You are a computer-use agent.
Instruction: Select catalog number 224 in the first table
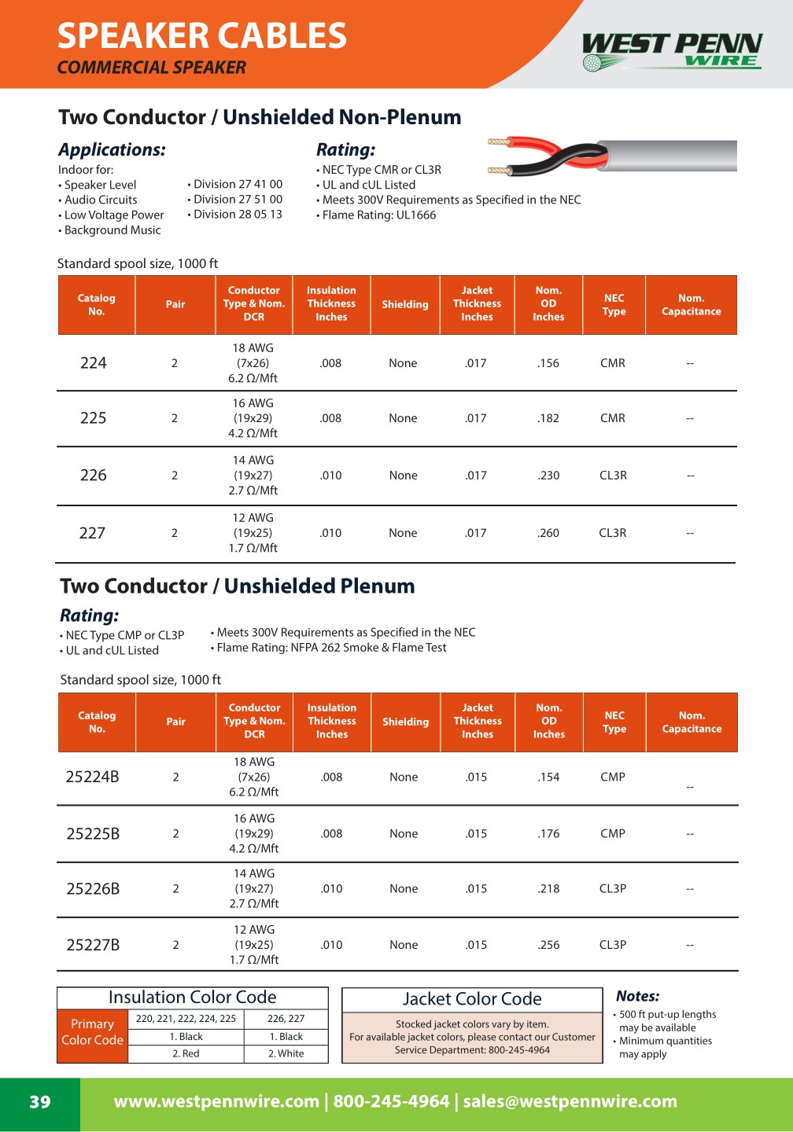click(x=93, y=363)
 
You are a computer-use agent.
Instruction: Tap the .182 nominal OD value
click(x=548, y=418)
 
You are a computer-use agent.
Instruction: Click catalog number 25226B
click(x=93, y=889)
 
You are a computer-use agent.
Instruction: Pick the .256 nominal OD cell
click(x=548, y=945)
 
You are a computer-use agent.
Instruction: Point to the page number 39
click(x=39, y=1102)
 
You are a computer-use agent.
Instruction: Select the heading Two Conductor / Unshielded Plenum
click(x=238, y=586)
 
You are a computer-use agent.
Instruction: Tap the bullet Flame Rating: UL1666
click(x=378, y=215)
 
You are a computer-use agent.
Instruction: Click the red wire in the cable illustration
click(x=535, y=145)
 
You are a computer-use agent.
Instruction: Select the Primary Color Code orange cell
click(x=92, y=1032)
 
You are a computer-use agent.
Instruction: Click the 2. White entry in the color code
click(x=286, y=1053)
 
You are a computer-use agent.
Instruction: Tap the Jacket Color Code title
click(x=472, y=999)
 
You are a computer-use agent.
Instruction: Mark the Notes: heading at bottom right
click(x=637, y=996)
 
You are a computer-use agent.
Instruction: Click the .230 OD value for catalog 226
click(x=548, y=476)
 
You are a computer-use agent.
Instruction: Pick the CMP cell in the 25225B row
click(x=612, y=833)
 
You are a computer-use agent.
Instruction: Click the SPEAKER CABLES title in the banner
click(x=202, y=36)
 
